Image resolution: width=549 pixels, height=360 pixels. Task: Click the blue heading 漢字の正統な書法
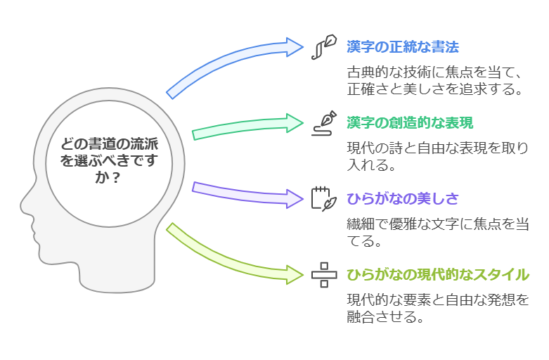[402, 48]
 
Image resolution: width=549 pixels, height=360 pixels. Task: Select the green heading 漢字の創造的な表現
[410, 122]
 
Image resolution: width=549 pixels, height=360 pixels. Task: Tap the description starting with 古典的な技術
[436, 80]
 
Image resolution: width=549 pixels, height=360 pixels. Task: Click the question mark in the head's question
[115, 179]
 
